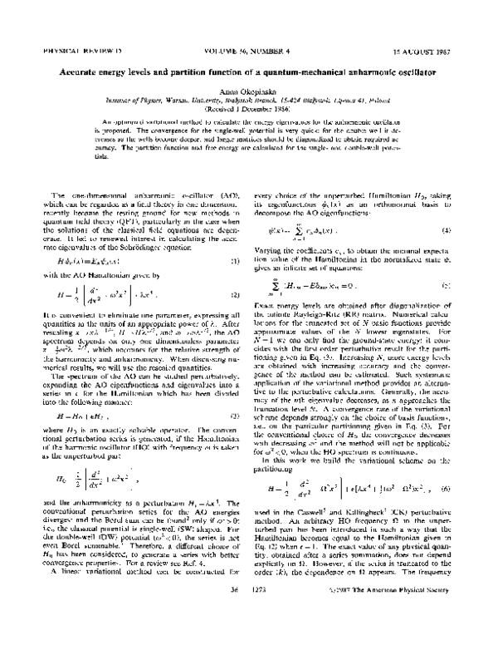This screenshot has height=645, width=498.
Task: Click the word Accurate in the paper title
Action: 91,74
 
